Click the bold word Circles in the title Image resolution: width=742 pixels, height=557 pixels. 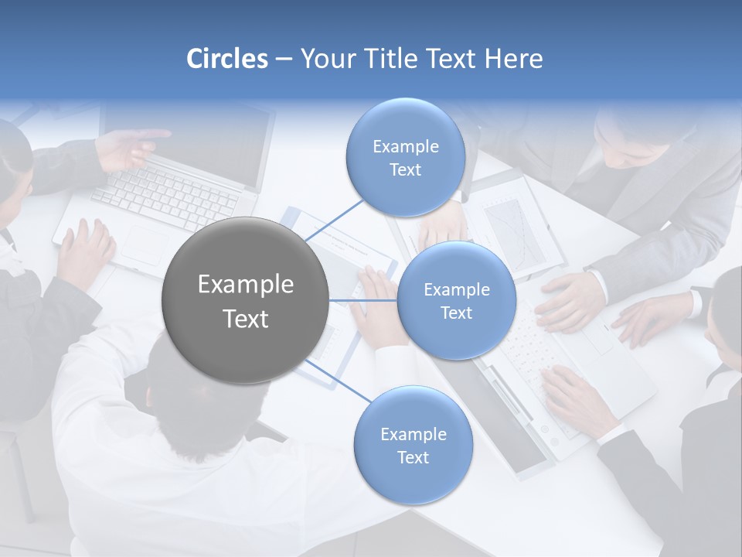[x=227, y=59]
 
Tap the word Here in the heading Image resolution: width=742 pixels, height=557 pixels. [x=513, y=59]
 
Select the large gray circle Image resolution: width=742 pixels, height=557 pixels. [x=246, y=300]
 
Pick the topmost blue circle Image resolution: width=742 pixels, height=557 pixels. [x=406, y=158]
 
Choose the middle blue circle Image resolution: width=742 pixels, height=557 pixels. [x=456, y=300]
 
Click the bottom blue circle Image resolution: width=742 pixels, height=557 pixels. [x=413, y=446]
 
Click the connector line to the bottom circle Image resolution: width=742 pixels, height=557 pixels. [x=340, y=382]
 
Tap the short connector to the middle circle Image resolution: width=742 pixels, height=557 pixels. [x=363, y=300]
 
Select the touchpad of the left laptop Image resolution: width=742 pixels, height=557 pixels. [x=147, y=246]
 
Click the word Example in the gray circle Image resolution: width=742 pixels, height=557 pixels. [x=246, y=285]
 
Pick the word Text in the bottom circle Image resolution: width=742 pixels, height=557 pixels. [x=413, y=458]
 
